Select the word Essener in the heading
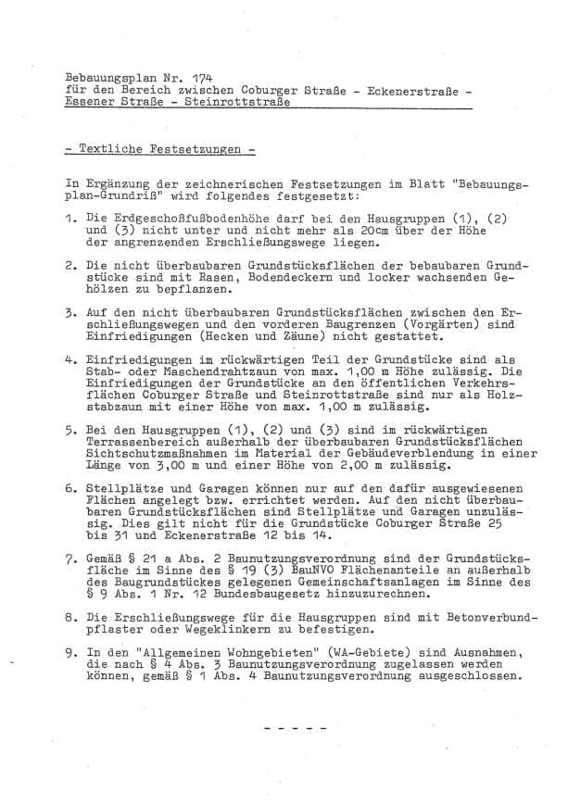pyautogui.click(x=91, y=103)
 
